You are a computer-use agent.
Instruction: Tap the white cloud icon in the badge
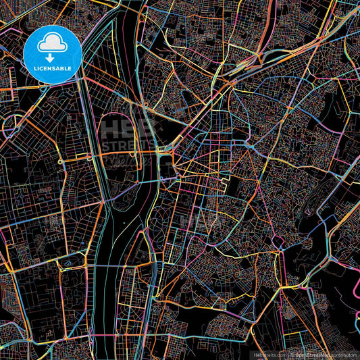point(53,44)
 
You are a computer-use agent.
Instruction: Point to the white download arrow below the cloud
point(53,56)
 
